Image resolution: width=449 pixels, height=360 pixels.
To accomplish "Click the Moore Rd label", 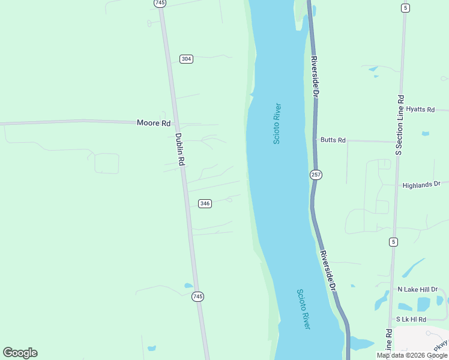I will point(154,123).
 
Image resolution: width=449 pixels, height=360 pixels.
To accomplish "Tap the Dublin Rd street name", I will point(178,149).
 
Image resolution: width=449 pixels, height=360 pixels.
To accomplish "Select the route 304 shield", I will point(186,59).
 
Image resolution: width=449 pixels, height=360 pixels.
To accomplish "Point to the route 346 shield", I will point(205,203).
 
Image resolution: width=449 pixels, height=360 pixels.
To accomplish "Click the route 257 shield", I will point(316,175).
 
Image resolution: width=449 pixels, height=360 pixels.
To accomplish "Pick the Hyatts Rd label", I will point(420,109).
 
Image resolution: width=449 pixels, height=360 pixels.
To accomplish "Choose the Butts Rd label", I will point(333,140).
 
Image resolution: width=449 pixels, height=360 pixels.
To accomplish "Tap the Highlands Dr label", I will point(421,185).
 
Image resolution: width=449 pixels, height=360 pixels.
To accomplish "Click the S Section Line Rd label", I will point(400,125).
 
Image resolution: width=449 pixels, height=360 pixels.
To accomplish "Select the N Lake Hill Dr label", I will point(418,289).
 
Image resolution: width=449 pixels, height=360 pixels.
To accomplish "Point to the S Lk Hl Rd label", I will point(411,319).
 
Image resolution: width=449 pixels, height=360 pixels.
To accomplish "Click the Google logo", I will point(20,353).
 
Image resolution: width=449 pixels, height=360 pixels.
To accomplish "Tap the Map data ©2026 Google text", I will point(412,355).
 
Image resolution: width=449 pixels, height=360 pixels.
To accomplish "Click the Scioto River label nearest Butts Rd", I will point(277,124).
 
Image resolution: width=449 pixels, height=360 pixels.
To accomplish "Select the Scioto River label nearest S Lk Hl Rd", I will point(303,308).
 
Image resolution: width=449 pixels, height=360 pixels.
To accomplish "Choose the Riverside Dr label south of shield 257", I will point(327,271).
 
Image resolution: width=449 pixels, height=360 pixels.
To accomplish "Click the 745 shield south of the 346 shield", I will point(198,296).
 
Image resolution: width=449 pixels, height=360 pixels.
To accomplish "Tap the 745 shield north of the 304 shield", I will point(160,3).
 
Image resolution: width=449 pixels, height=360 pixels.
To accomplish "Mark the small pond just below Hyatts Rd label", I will point(426,133).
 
